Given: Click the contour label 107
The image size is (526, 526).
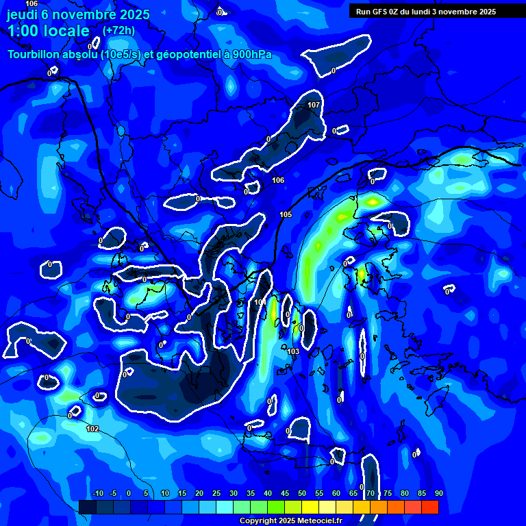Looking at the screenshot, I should point(314,105).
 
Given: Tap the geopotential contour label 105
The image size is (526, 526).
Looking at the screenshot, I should point(286,214).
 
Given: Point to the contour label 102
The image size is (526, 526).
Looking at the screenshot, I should point(92,429).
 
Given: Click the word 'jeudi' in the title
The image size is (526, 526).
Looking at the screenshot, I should point(26,14).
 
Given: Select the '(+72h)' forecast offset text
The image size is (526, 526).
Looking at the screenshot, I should point(118,31).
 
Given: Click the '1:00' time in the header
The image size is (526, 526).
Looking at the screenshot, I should point(25,31).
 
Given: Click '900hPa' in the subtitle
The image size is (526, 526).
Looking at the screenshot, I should point(251,55).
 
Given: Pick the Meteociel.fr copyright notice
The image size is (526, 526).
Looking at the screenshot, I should point(290,521).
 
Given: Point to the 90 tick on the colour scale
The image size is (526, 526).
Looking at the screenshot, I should point(438,493).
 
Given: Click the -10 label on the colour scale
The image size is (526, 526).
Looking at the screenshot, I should point(98,493).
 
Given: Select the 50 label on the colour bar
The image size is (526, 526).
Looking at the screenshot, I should point(301,493).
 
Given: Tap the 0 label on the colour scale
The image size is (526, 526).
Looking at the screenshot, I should point(129,493).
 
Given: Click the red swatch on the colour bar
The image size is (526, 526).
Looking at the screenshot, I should point(429,507).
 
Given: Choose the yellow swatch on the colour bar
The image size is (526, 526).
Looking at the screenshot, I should point(310,507).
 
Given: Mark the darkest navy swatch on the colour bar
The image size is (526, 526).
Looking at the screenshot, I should point(87,507).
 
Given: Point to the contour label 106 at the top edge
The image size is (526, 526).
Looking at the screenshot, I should point(32,3).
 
